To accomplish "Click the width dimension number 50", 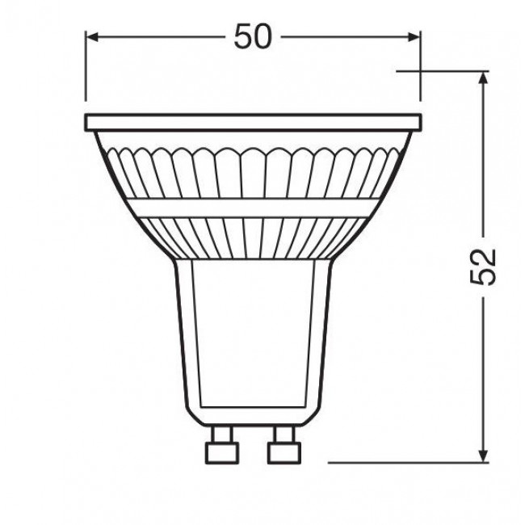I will (253, 36).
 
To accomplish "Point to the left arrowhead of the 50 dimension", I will (90, 36).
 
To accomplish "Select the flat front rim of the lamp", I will (253, 124).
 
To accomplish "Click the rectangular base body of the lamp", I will (252, 339).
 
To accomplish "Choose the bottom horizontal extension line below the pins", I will (404, 463).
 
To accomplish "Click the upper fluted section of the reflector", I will (253, 174).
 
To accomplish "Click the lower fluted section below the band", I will (253, 238).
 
